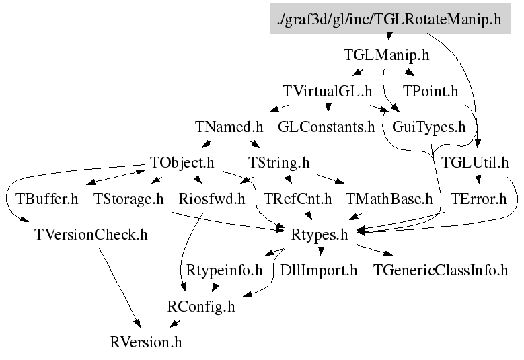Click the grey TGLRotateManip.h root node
point(389,20)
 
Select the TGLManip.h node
point(385,55)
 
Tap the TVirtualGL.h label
point(327,91)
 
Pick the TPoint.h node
point(430,91)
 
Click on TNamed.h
point(229,127)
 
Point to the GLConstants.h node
point(326,127)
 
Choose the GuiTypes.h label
point(428,127)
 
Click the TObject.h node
point(182,162)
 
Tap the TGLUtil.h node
point(475,162)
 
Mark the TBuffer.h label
point(47,199)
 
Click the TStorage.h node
point(128,199)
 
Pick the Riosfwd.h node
point(212,199)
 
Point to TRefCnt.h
point(298,199)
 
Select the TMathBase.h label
point(389,199)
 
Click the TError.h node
point(478,199)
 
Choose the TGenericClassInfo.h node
point(441,271)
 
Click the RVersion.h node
point(146,342)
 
